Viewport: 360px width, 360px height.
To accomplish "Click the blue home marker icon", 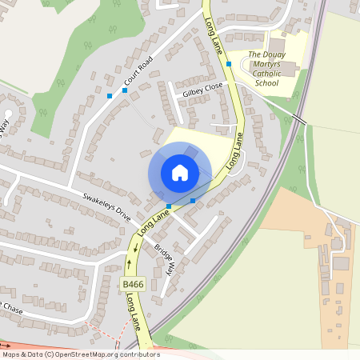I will [180, 173].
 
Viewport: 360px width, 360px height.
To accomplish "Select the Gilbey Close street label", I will [202, 92].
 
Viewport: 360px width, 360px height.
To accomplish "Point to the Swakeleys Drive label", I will [106, 206].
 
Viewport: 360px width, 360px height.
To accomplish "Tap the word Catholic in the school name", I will [266, 73].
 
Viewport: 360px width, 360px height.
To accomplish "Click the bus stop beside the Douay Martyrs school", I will [229, 63].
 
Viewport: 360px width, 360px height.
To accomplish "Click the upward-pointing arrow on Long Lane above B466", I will [129, 262].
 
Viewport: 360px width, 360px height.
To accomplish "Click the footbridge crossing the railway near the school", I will [299, 118].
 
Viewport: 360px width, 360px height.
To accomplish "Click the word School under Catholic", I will [266, 82].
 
